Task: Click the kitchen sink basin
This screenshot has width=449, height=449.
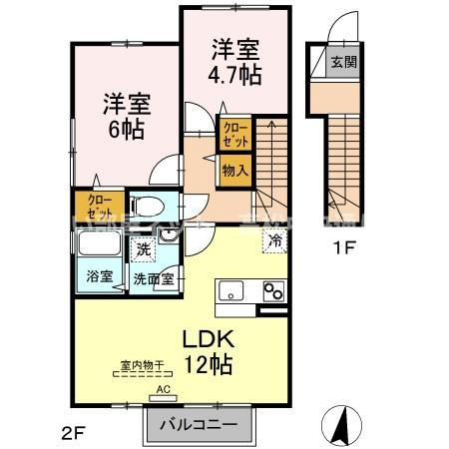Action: pyautogui.click(x=230, y=291)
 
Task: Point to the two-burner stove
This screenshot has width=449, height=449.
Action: pyautogui.click(x=273, y=291)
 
